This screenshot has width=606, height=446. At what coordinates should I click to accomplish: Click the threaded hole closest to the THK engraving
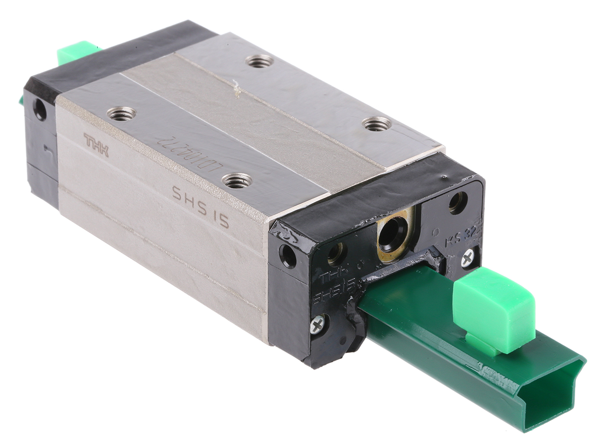click(122, 114)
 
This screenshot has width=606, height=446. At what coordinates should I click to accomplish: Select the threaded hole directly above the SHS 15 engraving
click(237, 180)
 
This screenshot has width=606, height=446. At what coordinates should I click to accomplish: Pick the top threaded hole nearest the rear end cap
click(260, 61)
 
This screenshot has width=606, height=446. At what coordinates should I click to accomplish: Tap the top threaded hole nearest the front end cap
click(377, 123)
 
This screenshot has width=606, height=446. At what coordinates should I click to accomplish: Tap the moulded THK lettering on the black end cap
click(332, 277)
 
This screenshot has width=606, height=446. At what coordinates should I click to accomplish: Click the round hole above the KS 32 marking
click(458, 202)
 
